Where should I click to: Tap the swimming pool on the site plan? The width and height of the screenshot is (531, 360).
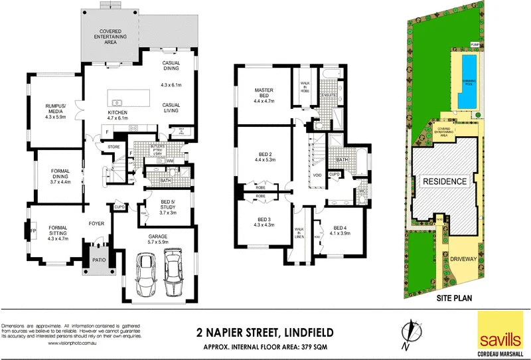(x=469, y=81)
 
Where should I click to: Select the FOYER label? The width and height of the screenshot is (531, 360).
(x=98, y=225)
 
